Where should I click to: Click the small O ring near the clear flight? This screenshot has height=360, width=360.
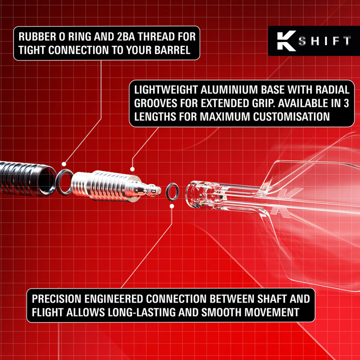coord(172,191)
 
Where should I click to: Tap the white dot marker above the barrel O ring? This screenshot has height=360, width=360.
coord(64,163)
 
